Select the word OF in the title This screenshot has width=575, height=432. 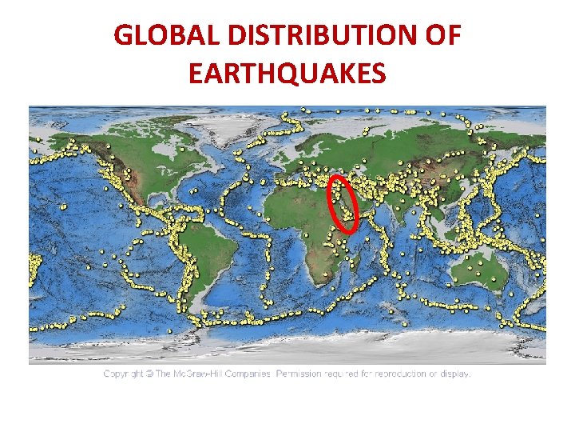pos(444,35)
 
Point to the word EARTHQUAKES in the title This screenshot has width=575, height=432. pos(287,74)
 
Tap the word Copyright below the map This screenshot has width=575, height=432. pos(124,374)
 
